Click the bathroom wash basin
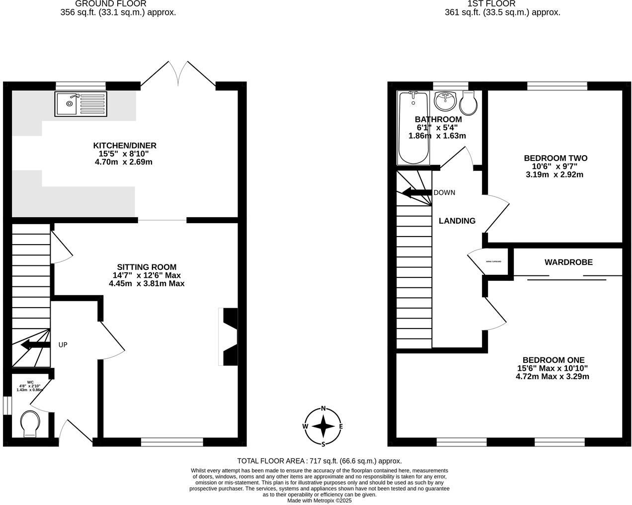pyautogui.click(x=445, y=102)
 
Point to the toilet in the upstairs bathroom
pyautogui.click(x=469, y=103)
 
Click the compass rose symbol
pyautogui.click(x=323, y=426)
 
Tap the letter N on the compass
pyautogui.click(x=323, y=409)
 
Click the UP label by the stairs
pyautogui.click(x=63, y=344)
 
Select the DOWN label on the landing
pyautogui.click(x=444, y=193)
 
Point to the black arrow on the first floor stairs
pyautogui.click(x=415, y=193)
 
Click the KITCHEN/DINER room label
pyautogui.click(x=125, y=146)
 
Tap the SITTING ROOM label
pyautogui.click(x=147, y=267)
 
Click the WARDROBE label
pyautogui.click(x=568, y=262)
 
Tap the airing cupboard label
pyautogui.click(x=493, y=261)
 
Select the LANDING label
pyautogui.click(x=457, y=221)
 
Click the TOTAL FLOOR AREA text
pyautogui.click(x=319, y=461)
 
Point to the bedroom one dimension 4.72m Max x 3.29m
pyautogui.click(x=553, y=376)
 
